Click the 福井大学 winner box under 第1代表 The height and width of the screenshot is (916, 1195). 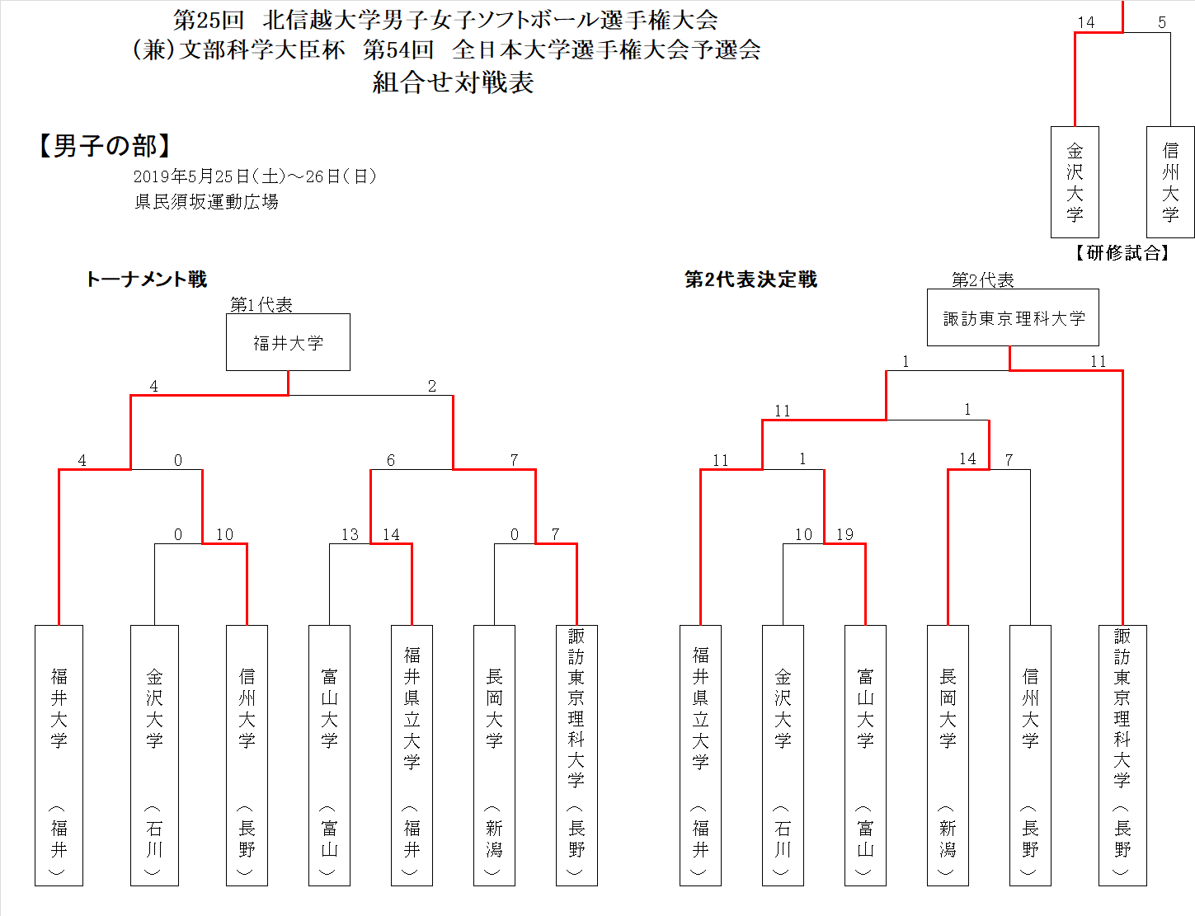click(288, 342)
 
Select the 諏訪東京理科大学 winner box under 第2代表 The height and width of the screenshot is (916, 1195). click(1013, 317)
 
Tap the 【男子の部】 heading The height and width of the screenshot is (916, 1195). click(105, 146)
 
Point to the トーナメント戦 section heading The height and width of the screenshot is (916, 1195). click(146, 279)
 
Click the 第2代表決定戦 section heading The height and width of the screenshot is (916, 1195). click(750, 279)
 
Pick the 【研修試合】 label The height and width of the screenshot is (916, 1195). click(1122, 253)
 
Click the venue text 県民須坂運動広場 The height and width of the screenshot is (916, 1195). click(206, 202)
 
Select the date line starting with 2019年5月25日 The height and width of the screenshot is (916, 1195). click(255, 176)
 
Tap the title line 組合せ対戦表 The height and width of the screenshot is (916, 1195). click(453, 82)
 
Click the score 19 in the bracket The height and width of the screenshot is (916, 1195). click(844, 534)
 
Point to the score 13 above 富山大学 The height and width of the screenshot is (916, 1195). click(350, 534)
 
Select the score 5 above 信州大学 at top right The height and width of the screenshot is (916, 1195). click(1161, 22)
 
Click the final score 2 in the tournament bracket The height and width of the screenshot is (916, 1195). click(431, 386)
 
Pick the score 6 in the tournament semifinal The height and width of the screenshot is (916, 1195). click(390, 460)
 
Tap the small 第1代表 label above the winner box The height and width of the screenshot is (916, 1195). click(261, 304)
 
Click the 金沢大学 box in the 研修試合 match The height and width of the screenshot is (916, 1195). click(1075, 182)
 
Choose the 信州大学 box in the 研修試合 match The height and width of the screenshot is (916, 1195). click(1170, 182)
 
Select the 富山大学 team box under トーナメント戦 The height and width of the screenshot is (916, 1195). click(329, 755)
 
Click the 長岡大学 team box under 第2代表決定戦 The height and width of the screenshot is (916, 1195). click(948, 755)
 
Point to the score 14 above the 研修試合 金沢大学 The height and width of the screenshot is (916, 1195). click(1085, 22)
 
